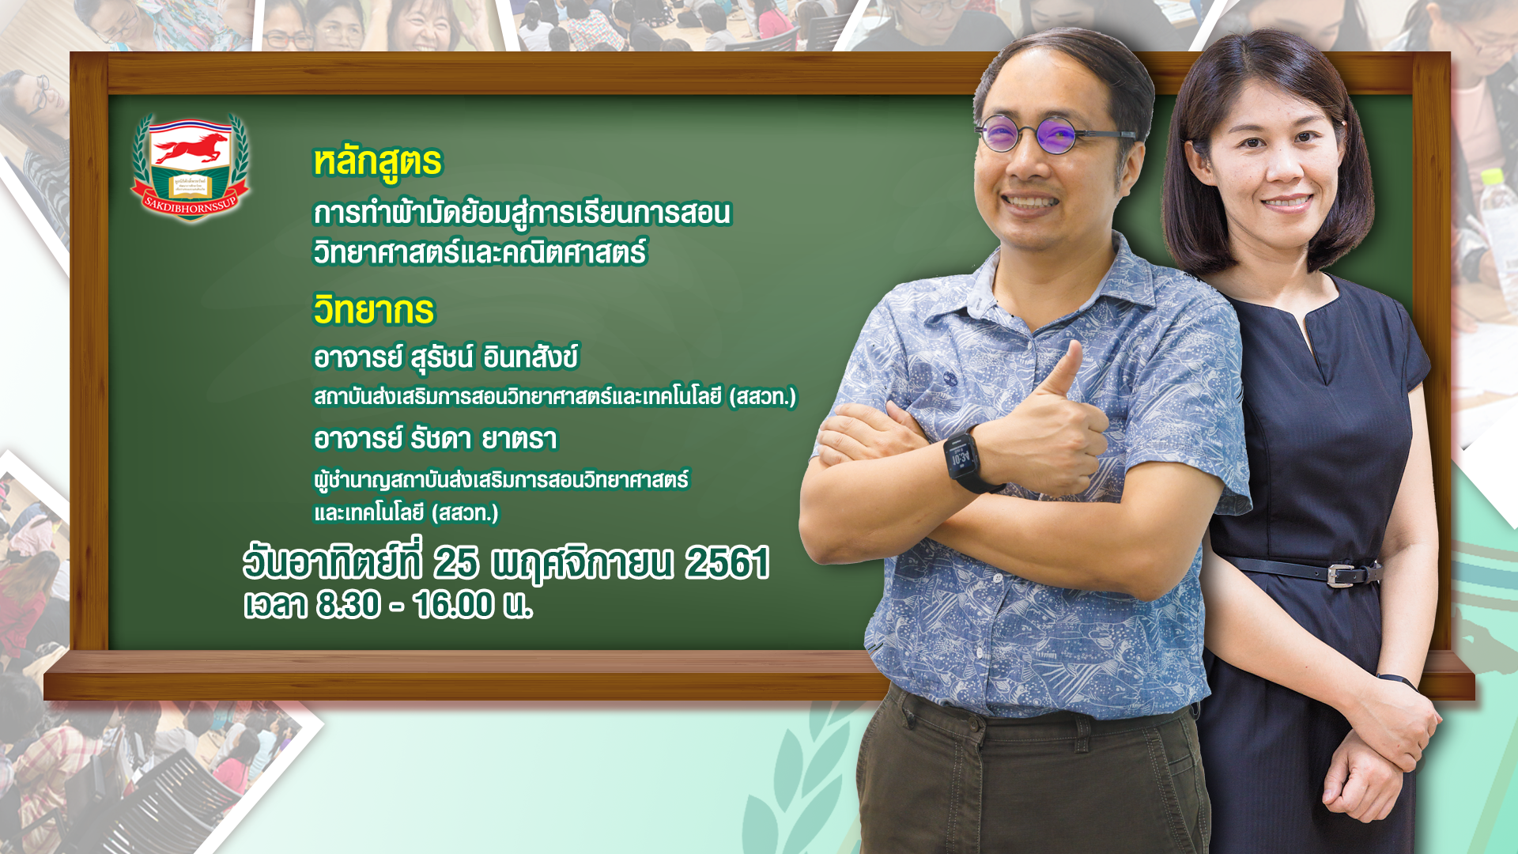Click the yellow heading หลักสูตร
point(378,162)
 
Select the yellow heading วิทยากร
point(374,310)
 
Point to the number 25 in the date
point(455,563)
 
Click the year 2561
point(727,563)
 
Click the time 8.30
point(349,605)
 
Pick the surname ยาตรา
point(519,439)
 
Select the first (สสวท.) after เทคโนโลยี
point(762,396)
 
